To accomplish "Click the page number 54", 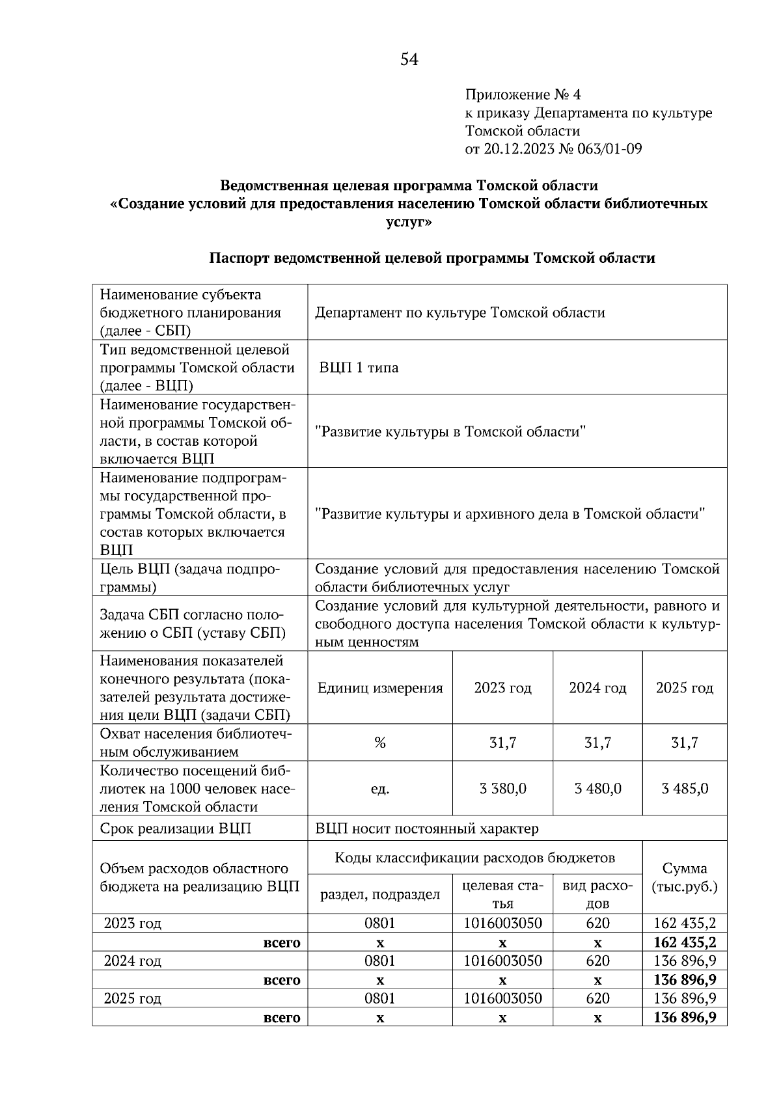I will (409, 61).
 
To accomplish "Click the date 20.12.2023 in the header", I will (517, 149).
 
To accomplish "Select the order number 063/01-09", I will (609, 149).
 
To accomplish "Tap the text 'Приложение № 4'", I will (523, 95).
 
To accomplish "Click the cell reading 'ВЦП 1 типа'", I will (359, 368).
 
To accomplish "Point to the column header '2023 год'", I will (502, 688).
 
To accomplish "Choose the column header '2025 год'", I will (685, 688).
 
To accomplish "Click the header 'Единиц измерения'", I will (380, 688).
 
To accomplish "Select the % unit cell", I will (380, 743).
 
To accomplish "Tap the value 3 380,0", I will (502, 789).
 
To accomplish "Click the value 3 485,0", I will (685, 789).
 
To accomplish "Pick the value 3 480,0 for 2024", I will (597, 789).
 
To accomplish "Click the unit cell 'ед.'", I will (380, 789).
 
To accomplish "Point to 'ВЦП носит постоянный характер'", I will (427, 828).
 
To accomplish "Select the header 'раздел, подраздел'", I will (380, 895).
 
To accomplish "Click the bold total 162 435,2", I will (685, 942).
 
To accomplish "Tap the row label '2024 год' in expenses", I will (133, 961).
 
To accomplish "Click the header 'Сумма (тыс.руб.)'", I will (685, 877).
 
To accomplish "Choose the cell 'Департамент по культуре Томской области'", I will (460, 313).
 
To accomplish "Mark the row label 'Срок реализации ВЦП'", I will (176, 828).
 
